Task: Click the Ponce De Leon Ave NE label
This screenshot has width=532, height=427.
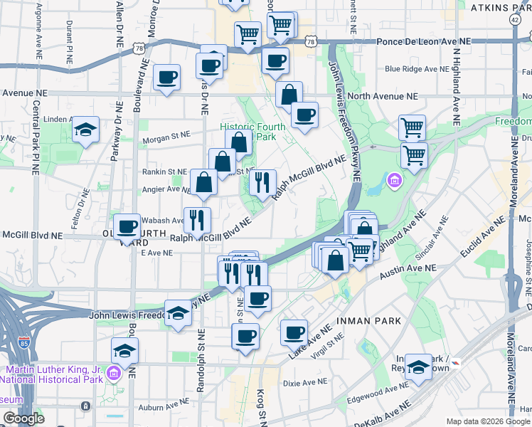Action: (x=424, y=42)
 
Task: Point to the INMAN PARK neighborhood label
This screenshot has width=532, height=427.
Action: (x=371, y=321)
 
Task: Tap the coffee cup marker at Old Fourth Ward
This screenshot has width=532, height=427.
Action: (x=127, y=227)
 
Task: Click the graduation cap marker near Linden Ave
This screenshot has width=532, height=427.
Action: (x=85, y=130)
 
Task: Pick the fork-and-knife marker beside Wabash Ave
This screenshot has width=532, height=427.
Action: (x=197, y=218)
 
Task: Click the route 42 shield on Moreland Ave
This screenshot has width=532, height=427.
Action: (x=514, y=20)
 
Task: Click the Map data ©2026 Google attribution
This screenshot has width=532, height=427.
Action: (x=486, y=421)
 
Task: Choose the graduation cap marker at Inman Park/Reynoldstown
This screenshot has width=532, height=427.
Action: (x=419, y=366)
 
